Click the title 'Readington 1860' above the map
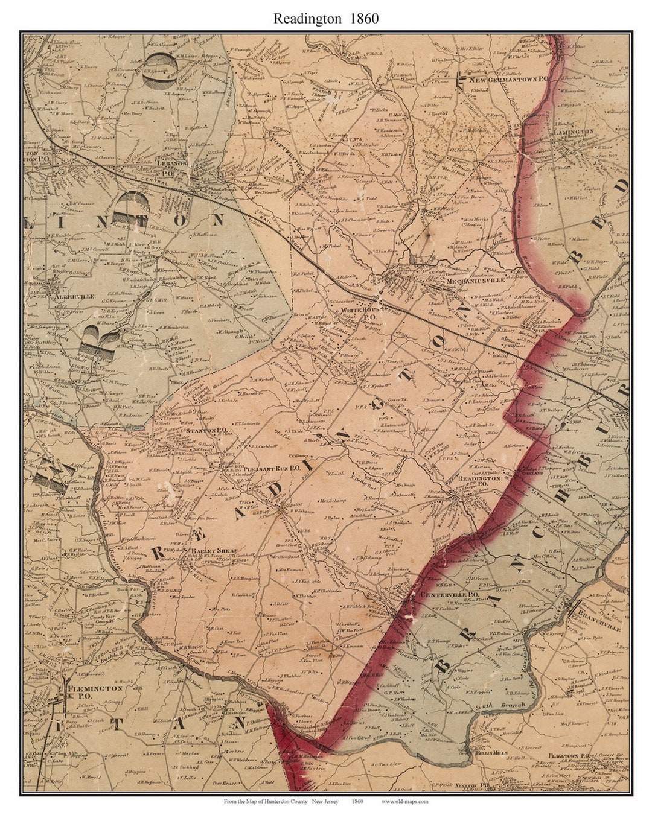(326, 18)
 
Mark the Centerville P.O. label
(449, 595)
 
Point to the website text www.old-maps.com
(405, 801)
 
